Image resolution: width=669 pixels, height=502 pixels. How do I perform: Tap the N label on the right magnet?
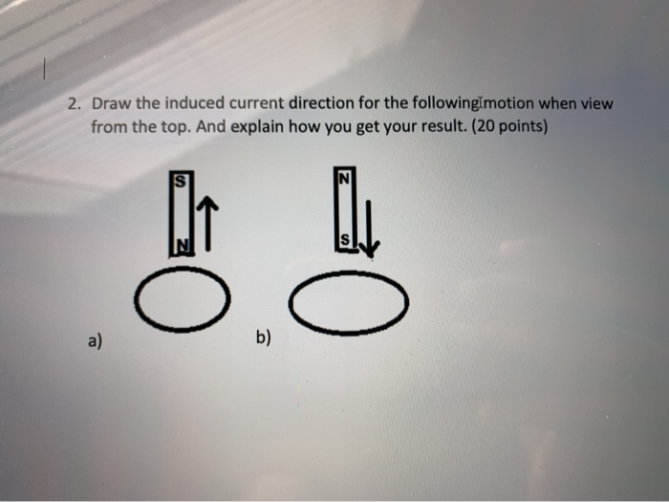[x=345, y=177]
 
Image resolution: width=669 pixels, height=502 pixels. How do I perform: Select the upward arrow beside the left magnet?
[x=211, y=223]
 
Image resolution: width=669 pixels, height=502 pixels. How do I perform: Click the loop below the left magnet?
[x=182, y=302]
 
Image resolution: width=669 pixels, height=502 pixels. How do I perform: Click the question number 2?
[x=74, y=104]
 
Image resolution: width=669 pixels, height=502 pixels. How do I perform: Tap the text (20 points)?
[x=508, y=126]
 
